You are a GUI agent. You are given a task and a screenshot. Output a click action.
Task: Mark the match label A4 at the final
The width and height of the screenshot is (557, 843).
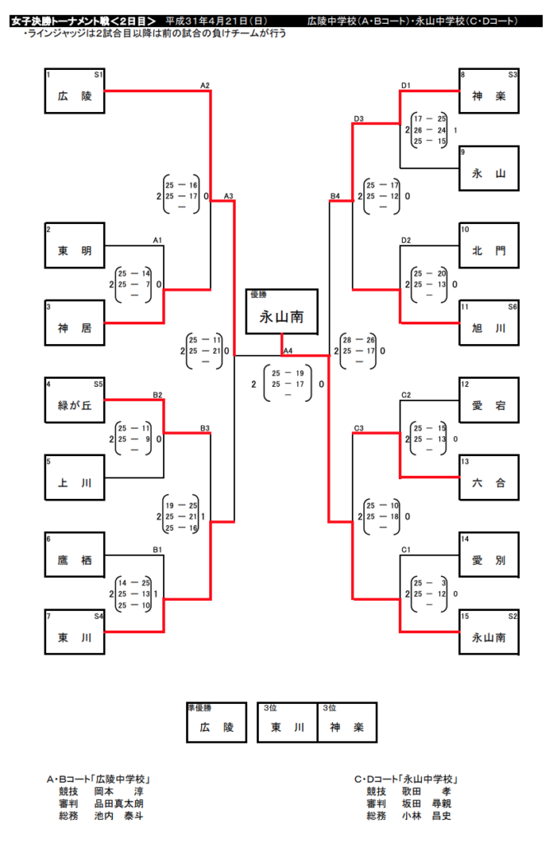pos(288,352)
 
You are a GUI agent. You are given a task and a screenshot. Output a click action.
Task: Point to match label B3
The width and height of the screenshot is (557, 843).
pos(205,428)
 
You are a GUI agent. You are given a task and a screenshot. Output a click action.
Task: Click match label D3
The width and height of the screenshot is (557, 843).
pos(359,119)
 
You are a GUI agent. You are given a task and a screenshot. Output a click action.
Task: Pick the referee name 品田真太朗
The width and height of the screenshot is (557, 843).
pos(119,803)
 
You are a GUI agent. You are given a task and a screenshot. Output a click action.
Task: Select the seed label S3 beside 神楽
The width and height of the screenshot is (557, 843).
pos(512,75)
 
